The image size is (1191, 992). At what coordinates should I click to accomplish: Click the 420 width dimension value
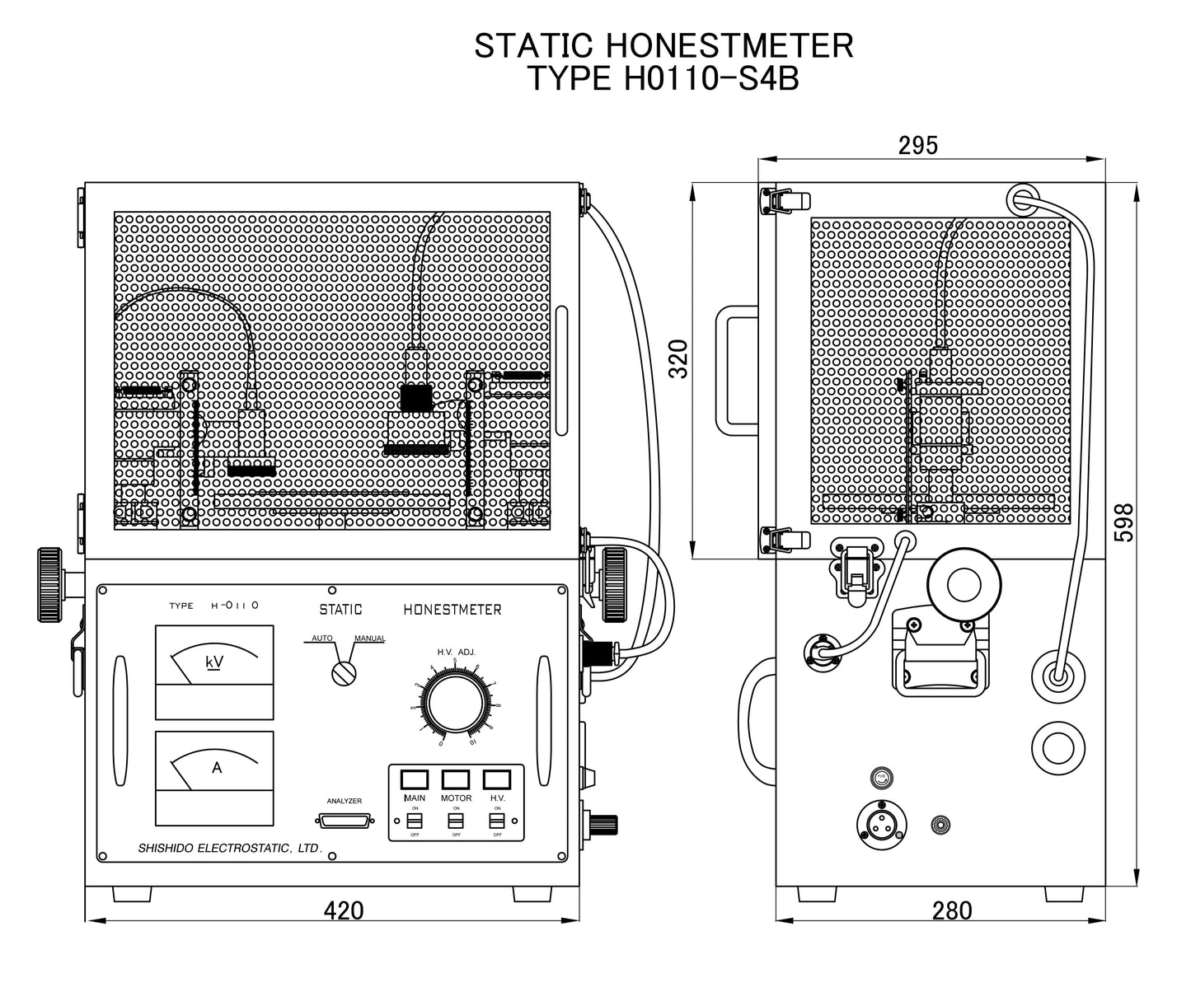click(344, 910)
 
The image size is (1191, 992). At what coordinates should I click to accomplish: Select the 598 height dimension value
click(1124, 522)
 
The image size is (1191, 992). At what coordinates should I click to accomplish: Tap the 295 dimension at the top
click(918, 145)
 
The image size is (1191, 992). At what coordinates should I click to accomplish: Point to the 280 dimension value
click(952, 910)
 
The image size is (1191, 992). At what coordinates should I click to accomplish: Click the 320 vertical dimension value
click(678, 358)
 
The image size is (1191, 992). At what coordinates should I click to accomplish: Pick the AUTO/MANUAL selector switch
click(343, 672)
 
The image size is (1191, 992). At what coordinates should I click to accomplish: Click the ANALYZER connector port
click(344, 821)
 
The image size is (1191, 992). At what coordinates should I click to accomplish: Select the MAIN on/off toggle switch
click(415, 822)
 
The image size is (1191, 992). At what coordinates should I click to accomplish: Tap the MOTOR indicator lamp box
click(456, 779)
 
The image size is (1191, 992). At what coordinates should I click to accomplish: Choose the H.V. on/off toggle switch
click(497, 822)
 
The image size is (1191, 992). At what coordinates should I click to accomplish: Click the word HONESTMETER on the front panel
click(452, 610)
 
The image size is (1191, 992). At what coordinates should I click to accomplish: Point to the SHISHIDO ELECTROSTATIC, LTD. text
click(229, 848)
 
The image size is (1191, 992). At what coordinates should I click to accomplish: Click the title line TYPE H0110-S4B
click(663, 80)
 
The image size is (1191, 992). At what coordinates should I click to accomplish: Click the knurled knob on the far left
click(49, 583)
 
